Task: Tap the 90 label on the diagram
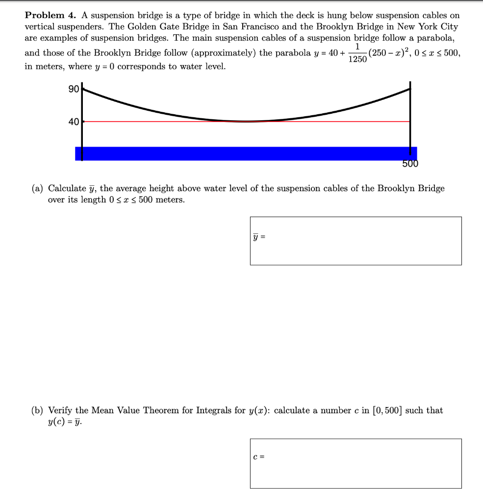click(x=74, y=89)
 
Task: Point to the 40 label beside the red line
click(x=74, y=122)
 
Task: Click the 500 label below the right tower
click(x=410, y=164)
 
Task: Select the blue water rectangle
click(x=245, y=153)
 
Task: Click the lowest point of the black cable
click(x=246, y=121)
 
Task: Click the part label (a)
click(x=37, y=189)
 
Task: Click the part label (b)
click(x=37, y=411)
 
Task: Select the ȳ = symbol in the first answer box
click(x=259, y=237)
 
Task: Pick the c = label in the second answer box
click(x=259, y=457)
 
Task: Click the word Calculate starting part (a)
click(x=67, y=189)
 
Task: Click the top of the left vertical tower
click(x=82, y=86)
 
